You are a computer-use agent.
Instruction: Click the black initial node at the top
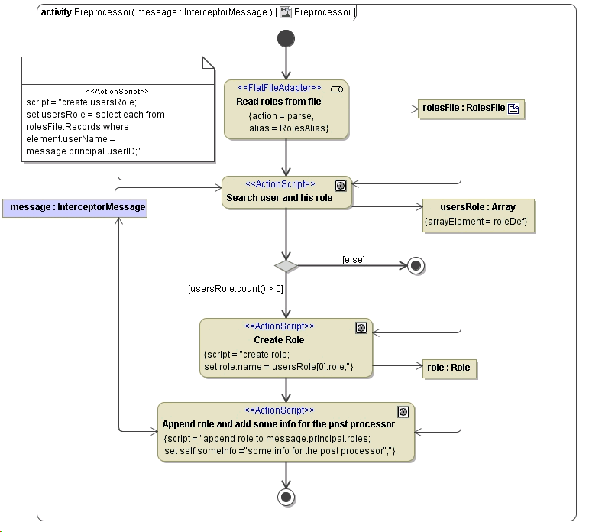coord(286,38)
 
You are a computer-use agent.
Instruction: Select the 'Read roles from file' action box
coord(286,109)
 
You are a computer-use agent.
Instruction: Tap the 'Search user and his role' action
coord(286,192)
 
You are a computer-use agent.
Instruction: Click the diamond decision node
coord(286,266)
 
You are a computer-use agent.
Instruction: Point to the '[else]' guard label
coord(353,261)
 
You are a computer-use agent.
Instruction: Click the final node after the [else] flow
coord(416,266)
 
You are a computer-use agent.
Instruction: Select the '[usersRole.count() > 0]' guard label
coord(235,289)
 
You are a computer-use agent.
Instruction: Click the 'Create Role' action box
coord(286,348)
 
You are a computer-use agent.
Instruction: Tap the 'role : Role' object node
coord(449,368)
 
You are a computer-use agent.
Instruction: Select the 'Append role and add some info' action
coord(286,432)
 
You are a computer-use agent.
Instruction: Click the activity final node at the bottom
coord(286,498)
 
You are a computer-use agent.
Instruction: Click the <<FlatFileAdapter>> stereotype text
coord(284,88)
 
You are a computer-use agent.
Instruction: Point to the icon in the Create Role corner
coord(361,328)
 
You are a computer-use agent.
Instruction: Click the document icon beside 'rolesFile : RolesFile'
coord(513,109)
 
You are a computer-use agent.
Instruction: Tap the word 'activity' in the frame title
coord(57,13)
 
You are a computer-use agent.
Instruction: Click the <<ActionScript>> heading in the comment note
coord(117,90)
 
